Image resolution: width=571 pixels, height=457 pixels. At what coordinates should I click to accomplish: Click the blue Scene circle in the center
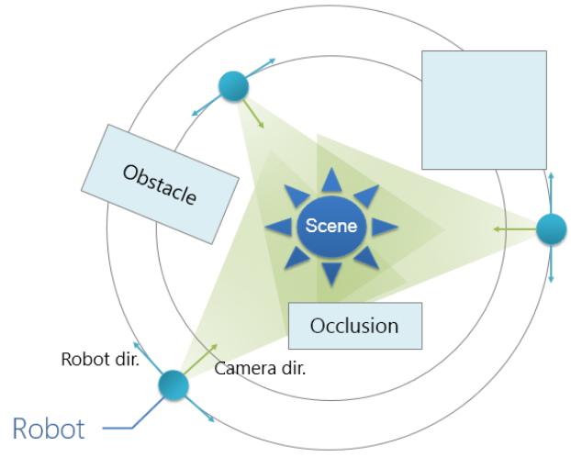[331, 226]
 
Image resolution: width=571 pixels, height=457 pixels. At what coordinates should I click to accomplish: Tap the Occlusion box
[354, 326]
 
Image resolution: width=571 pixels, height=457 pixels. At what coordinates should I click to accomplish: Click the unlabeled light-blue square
[484, 109]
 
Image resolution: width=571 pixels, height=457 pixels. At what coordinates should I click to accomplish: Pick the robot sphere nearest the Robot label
[173, 385]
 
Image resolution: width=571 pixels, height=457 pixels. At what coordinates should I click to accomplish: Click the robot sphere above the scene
[234, 86]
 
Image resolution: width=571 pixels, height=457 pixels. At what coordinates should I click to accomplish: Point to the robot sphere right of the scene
[551, 228]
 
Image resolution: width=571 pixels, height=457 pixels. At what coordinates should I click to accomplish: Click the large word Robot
[48, 429]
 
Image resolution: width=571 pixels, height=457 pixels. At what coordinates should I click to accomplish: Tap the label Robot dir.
[99, 359]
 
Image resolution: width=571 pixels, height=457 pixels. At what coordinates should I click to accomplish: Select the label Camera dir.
[260, 369]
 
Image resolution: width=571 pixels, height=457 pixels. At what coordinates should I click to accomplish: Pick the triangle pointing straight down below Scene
[331, 272]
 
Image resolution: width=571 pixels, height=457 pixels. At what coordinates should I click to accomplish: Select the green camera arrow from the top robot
[254, 115]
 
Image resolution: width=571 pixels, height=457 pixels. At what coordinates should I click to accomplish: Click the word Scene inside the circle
[331, 226]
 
